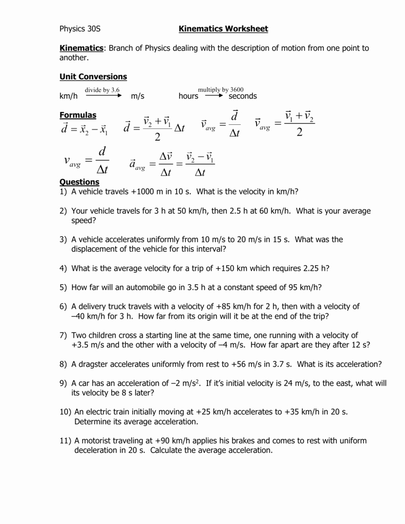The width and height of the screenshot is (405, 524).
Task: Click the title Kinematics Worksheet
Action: (x=223, y=29)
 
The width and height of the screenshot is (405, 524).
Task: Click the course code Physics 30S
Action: (x=80, y=29)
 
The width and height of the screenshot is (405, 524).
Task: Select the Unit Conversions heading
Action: (x=93, y=76)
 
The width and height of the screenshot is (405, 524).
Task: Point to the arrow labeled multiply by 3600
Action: (x=214, y=95)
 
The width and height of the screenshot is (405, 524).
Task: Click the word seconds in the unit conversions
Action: (x=243, y=96)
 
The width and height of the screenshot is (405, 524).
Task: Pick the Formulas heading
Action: (x=78, y=115)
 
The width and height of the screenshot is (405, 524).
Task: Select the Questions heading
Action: (x=79, y=182)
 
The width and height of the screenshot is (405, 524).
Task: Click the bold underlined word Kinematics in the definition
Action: (x=81, y=48)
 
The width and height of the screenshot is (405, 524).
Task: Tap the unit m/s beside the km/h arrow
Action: (x=138, y=96)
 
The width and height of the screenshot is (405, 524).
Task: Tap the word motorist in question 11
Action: (x=97, y=441)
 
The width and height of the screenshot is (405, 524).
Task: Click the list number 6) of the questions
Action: (x=63, y=307)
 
